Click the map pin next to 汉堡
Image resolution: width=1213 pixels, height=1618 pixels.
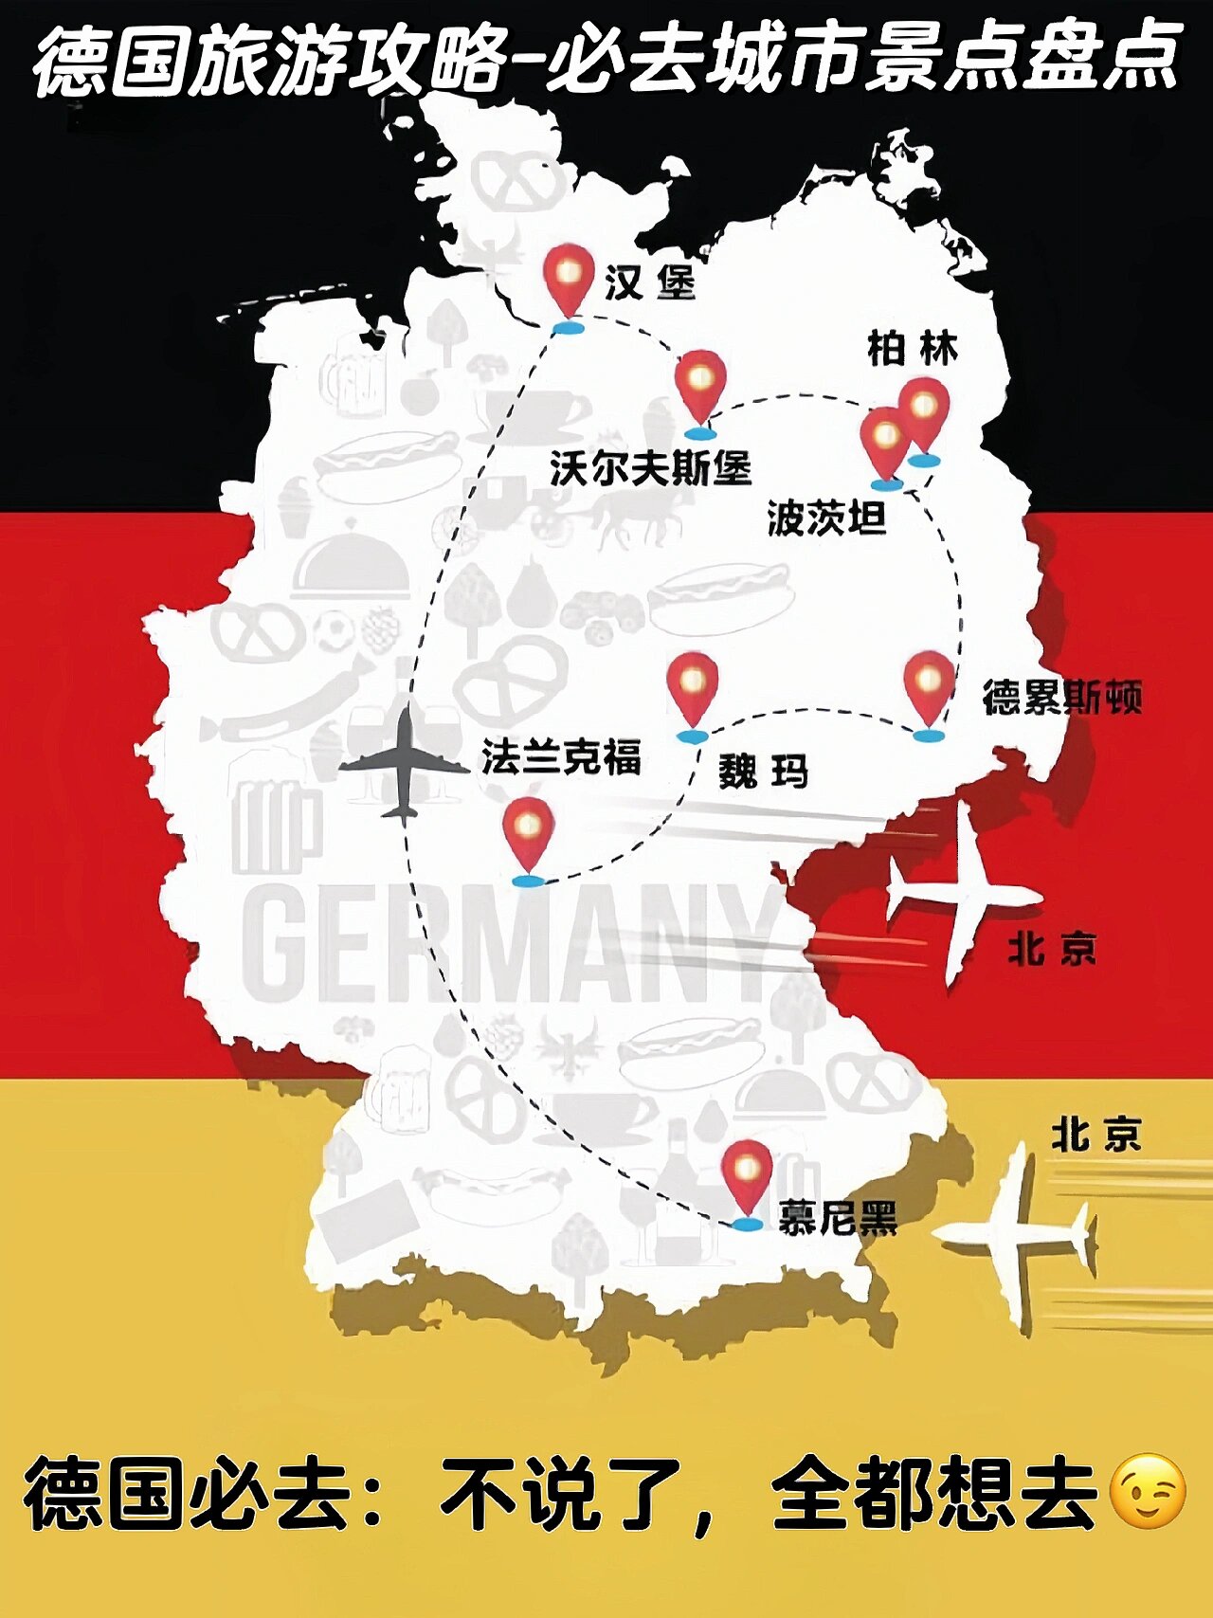point(569,282)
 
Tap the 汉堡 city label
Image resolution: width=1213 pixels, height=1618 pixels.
point(650,282)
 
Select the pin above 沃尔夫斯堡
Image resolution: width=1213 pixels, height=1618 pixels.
point(700,389)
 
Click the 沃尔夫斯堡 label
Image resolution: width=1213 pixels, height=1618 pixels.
point(650,468)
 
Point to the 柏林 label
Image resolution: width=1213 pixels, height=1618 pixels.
point(913,349)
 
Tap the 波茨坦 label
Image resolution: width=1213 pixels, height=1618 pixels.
point(826,518)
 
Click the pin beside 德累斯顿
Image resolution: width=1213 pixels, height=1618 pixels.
point(928,689)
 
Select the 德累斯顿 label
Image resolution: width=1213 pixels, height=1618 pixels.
point(1061,698)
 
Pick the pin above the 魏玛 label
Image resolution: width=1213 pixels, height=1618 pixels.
point(692,691)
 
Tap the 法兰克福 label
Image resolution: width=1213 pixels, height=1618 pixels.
point(561,757)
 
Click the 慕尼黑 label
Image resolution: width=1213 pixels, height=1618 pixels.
point(838,1217)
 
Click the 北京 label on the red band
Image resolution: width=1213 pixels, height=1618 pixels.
point(1052,948)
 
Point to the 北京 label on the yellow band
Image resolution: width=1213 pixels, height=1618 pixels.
point(1095,1135)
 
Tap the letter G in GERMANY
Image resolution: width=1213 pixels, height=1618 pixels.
point(277,944)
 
